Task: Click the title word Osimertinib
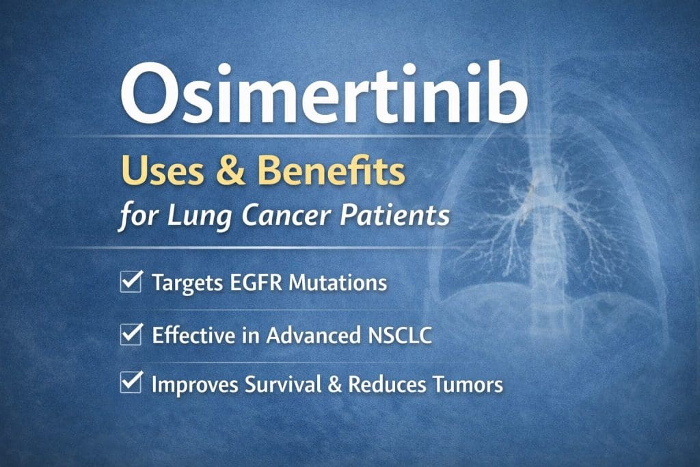click(x=324, y=93)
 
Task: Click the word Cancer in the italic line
click(x=286, y=215)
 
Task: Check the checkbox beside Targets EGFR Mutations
click(x=131, y=281)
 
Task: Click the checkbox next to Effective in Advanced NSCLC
click(x=131, y=334)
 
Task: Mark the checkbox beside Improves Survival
click(x=131, y=382)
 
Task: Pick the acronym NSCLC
click(x=400, y=335)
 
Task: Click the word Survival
click(x=283, y=384)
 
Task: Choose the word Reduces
click(x=387, y=384)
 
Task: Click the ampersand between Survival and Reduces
click(x=335, y=384)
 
